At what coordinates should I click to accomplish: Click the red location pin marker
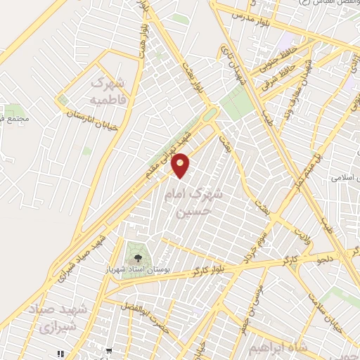[x=181, y=165]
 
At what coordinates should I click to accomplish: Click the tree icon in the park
[x=133, y=249]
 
